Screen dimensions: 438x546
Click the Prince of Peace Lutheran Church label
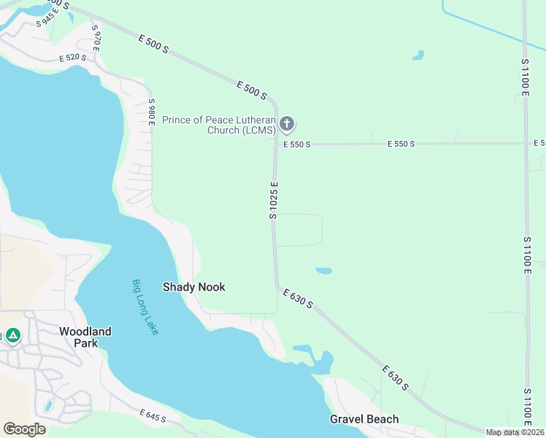pos(219,125)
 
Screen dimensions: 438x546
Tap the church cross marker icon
pos(287,124)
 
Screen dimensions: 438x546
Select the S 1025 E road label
pos(274,201)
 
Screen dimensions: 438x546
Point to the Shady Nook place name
pos(193,287)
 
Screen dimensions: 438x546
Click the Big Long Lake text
pos(145,307)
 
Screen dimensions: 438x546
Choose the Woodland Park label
pos(85,337)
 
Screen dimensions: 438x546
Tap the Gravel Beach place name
pos(364,419)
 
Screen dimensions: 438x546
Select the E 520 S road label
pos(73,58)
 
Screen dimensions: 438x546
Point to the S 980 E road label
pos(152,112)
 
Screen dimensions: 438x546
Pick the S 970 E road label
pos(96,36)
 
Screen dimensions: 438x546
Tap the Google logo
pos(24,429)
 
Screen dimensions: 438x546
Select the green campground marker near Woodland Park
pos(12,336)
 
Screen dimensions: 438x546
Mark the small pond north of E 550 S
pos(418,55)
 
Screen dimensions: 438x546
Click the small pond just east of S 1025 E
pos(323,271)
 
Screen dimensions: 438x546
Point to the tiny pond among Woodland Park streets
pos(48,404)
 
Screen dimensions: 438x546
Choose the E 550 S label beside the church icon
pos(298,145)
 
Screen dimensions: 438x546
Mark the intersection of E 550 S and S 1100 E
pos(526,143)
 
